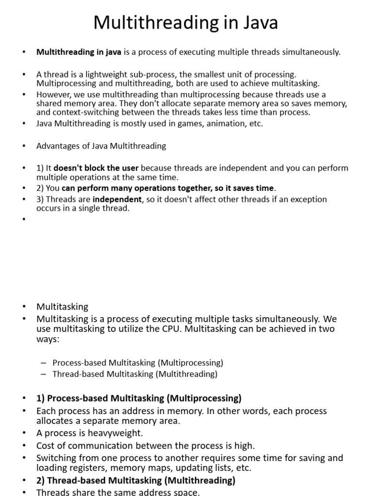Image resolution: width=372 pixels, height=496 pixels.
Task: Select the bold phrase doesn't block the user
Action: tap(96, 168)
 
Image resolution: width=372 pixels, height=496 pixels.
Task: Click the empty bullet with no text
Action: tap(23, 219)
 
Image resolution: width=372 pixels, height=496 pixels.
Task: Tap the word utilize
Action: tap(126, 329)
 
